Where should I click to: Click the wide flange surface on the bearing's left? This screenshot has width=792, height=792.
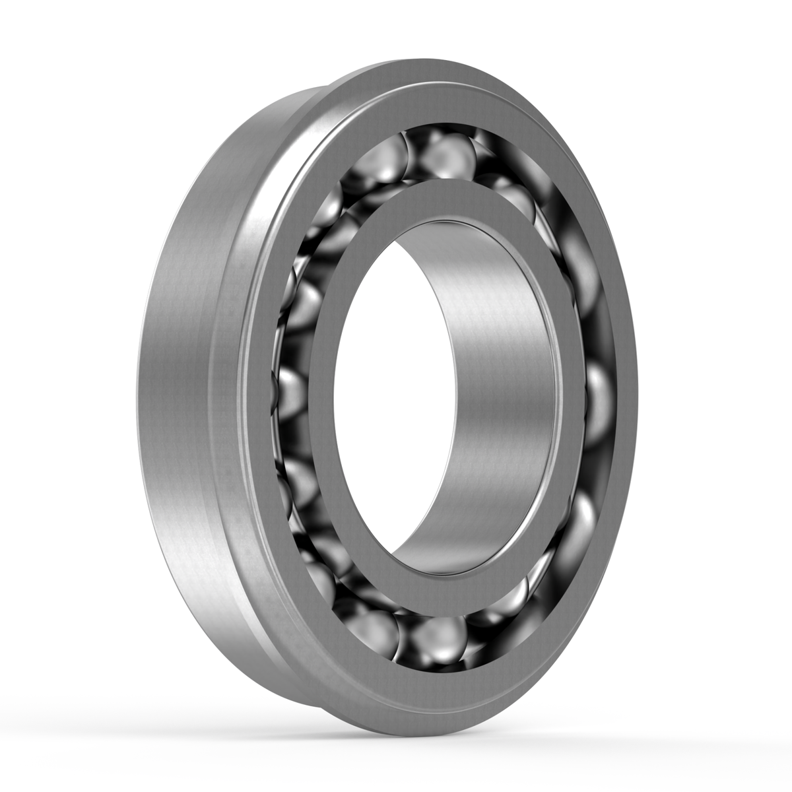[x=178, y=396]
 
